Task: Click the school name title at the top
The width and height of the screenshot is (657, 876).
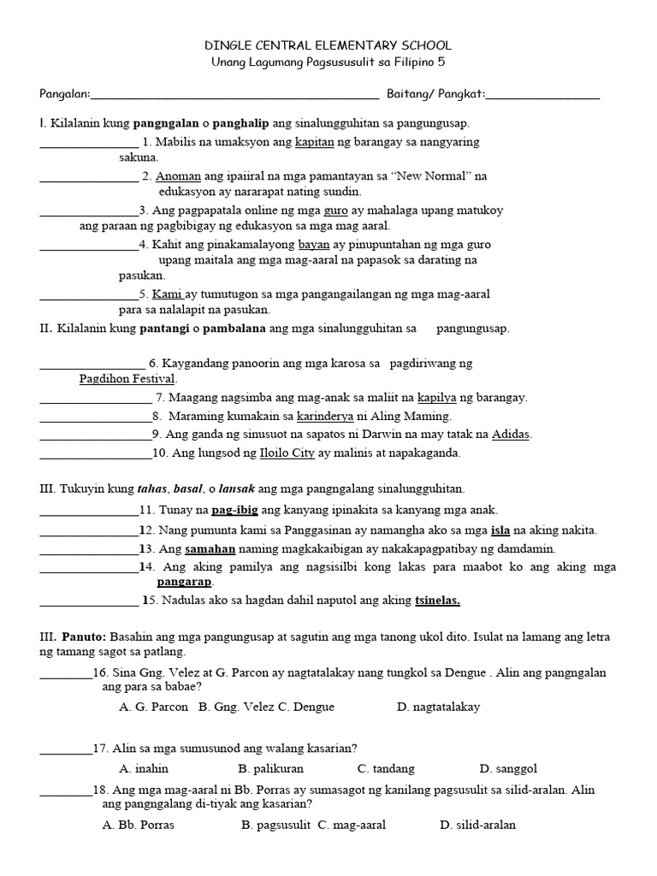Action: [328, 44]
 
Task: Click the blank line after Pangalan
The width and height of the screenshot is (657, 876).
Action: [234, 93]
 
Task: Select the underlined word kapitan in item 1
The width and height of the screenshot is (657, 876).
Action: [313, 142]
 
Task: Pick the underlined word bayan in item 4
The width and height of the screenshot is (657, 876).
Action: [314, 244]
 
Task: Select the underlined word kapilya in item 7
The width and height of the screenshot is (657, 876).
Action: [437, 398]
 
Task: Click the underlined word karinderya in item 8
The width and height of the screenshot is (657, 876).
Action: [328, 417]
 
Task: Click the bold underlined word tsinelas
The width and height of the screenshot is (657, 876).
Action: [437, 601]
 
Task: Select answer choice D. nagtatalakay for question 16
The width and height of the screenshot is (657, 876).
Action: [438, 707]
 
